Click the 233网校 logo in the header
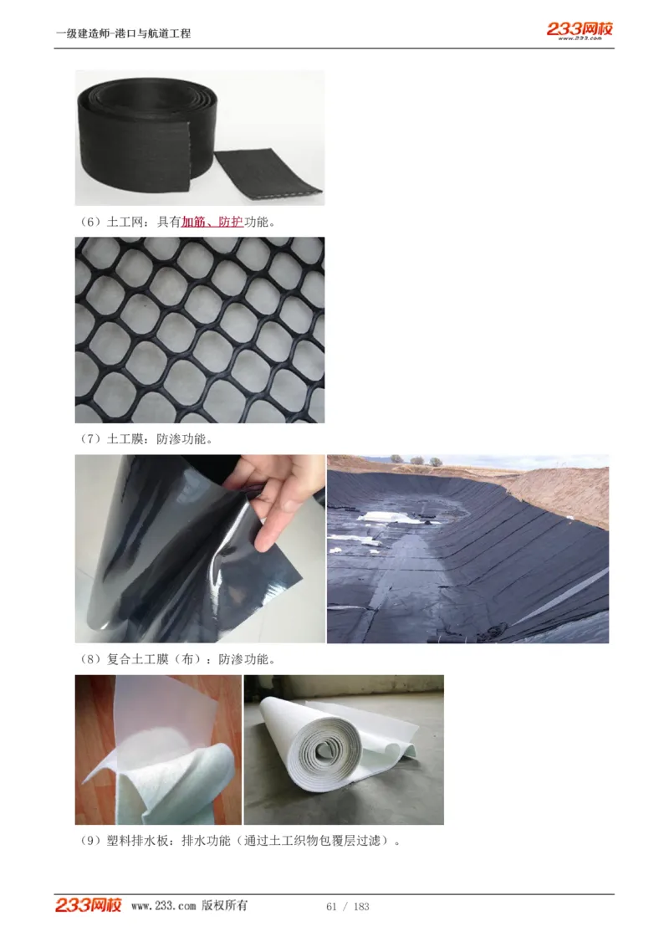click(x=580, y=28)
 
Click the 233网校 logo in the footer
click(x=89, y=905)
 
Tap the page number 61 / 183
click(x=347, y=907)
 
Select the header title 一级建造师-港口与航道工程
click(x=123, y=33)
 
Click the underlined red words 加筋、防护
click(x=212, y=223)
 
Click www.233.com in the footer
click(x=163, y=906)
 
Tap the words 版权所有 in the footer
click(x=225, y=906)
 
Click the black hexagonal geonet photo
click(x=199, y=330)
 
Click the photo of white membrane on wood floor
click(x=158, y=750)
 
